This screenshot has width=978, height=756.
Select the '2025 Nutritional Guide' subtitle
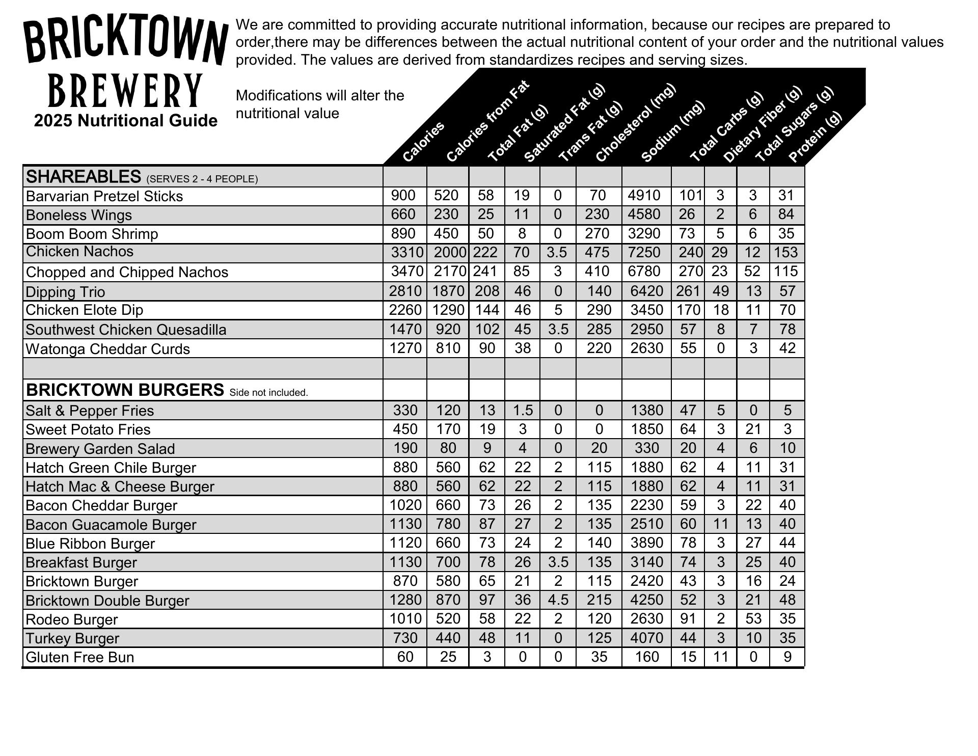click(x=126, y=121)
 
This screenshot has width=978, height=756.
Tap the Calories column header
click(x=423, y=142)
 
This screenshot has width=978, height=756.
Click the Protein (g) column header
click(x=814, y=137)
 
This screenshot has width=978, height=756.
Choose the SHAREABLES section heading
click(x=84, y=177)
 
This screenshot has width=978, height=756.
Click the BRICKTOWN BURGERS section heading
click(x=125, y=390)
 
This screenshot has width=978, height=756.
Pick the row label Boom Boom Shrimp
click(x=92, y=234)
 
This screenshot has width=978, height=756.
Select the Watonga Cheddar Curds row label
click(x=107, y=349)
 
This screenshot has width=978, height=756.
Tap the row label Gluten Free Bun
click(x=79, y=657)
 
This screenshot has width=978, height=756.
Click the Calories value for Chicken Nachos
click(x=407, y=253)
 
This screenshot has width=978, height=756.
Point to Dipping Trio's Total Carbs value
click(x=687, y=291)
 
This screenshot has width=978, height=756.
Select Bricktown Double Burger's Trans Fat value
click(x=558, y=600)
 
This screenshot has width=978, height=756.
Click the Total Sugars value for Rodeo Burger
click(x=753, y=619)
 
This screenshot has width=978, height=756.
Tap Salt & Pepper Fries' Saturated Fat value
click(x=522, y=411)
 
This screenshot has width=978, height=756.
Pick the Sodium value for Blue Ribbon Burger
click(x=646, y=543)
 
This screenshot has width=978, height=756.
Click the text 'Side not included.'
click(x=268, y=393)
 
